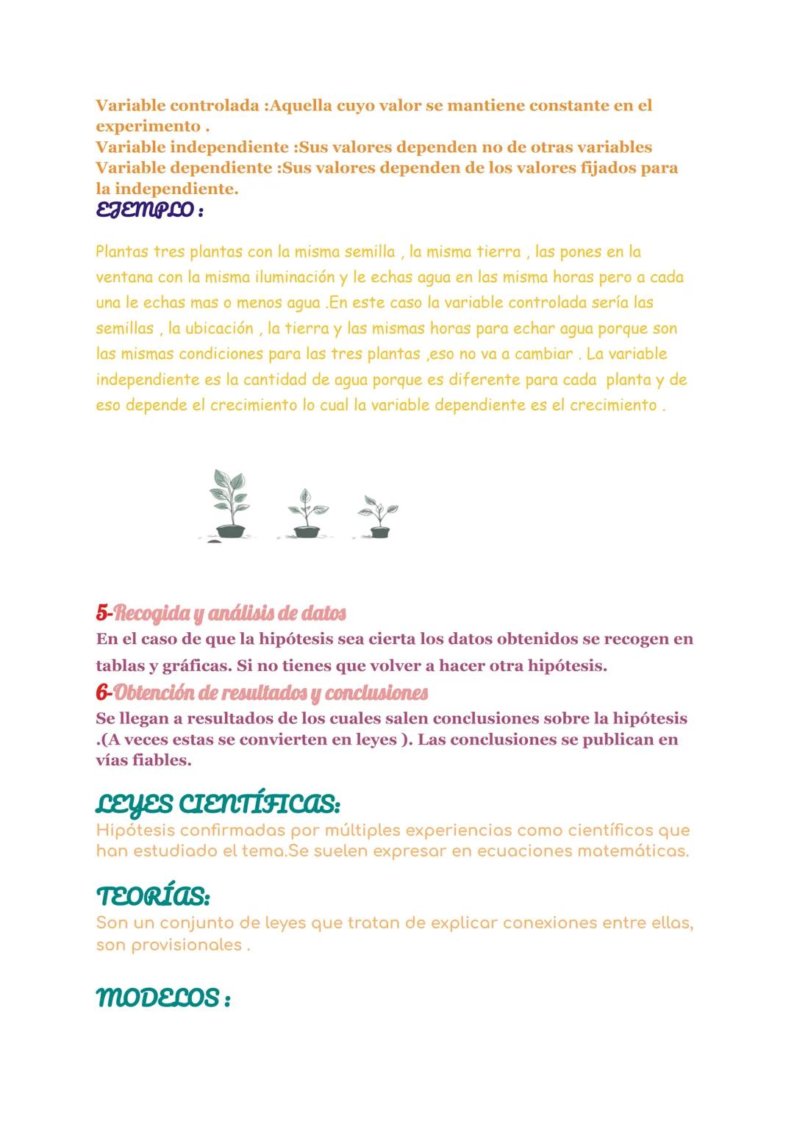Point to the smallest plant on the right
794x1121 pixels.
coord(378,517)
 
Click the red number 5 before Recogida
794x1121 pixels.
coord(102,613)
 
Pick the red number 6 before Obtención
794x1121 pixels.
coord(102,692)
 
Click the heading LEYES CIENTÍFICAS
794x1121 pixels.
coord(218,806)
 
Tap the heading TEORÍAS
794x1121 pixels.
coord(153,897)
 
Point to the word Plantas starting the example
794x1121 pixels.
coord(121,252)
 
